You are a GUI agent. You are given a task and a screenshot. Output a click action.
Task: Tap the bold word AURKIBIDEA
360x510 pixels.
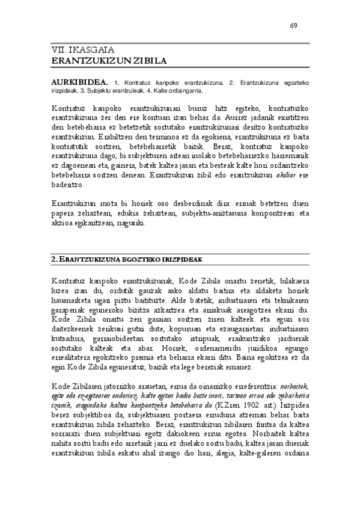click(x=72, y=81)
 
